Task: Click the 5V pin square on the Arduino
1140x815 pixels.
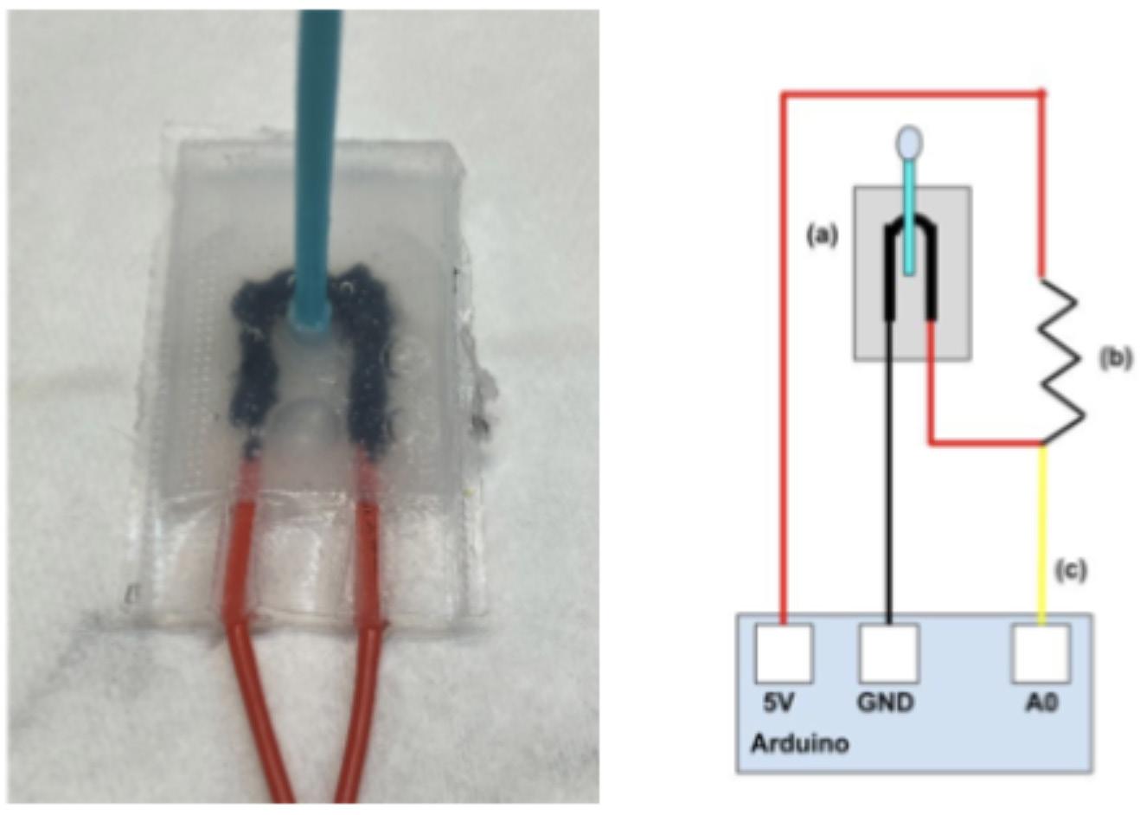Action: click(x=784, y=653)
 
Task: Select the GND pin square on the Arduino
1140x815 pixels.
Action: click(x=887, y=653)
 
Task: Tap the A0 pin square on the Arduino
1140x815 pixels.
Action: click(x=1041, y=653)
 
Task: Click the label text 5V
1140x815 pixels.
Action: click(x=778, y=703)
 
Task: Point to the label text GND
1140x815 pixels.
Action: click(x=885, y=703)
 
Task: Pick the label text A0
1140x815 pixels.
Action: click(x=1041, y=703)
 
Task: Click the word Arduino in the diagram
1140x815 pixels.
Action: click(x=799, y=742)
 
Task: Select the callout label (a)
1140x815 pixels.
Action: click(x=822, y=234)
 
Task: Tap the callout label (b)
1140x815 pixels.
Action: click(x=1115, y=358)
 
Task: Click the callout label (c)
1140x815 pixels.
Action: click(x=1070, y=570)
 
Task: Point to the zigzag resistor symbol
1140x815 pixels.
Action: click(x=1059, y=357)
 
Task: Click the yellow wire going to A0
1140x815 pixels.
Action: click(x=1042, y=528)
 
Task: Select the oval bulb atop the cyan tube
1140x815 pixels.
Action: click(x=908, y=144)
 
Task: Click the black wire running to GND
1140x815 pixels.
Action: click(x=888, y=476)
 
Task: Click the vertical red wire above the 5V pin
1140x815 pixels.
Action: click(x=784, y=346)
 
